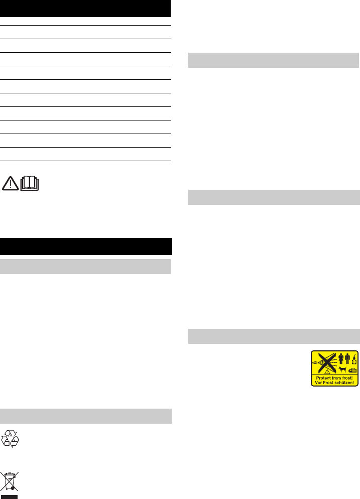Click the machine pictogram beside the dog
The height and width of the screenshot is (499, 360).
click(352, 370)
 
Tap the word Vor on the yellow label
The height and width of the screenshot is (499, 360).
click(318, 383)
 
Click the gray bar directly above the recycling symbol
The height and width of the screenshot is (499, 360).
click(86, 416)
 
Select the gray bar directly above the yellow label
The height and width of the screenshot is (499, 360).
click(274, 336)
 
